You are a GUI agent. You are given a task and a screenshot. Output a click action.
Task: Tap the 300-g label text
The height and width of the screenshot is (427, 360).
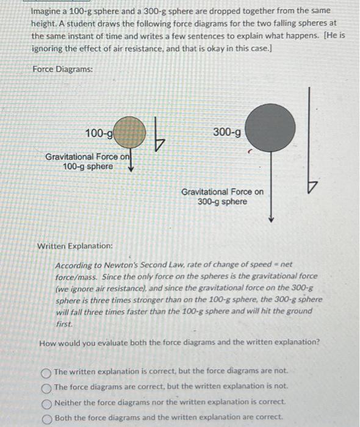227,132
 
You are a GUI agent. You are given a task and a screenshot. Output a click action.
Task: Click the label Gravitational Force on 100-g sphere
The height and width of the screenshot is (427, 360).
88,162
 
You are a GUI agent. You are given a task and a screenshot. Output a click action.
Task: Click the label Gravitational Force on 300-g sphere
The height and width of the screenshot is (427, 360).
223,196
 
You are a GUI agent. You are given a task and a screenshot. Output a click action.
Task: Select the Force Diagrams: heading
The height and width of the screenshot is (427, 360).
63,70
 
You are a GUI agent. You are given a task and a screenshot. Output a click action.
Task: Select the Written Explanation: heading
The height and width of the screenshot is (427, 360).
75,246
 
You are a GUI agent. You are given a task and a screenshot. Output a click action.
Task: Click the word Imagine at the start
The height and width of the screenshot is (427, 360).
48,11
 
